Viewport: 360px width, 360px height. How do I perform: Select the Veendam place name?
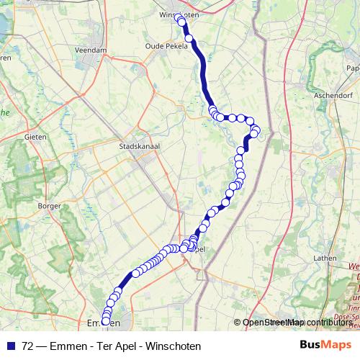[x=91, y=50]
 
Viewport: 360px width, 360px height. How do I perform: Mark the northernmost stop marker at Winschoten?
[x=179, y=22]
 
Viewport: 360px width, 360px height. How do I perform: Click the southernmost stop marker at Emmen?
[x=106, y=320]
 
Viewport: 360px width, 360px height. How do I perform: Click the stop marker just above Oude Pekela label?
[x=189, y=38]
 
